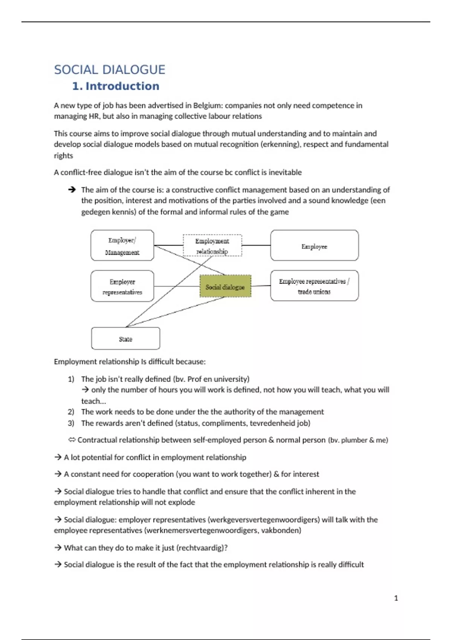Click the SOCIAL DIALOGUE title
click(110, 70)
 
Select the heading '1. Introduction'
click(116, 86)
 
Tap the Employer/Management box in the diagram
click(122, 245)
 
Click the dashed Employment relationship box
click(212, 245)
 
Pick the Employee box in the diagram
click(314, 245)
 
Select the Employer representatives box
click(122, 286)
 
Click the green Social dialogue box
click(225, 286)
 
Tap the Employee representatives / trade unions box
click(314, 286)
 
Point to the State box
click(125, 338)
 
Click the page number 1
click(396, 598)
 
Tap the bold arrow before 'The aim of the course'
click(72, 190)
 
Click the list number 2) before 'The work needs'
click(71, 412)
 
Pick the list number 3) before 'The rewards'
click(71, 423)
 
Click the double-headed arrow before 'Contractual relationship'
click(72, 440)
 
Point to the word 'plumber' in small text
click(354, 440)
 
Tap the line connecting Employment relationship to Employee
click(256, 245)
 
